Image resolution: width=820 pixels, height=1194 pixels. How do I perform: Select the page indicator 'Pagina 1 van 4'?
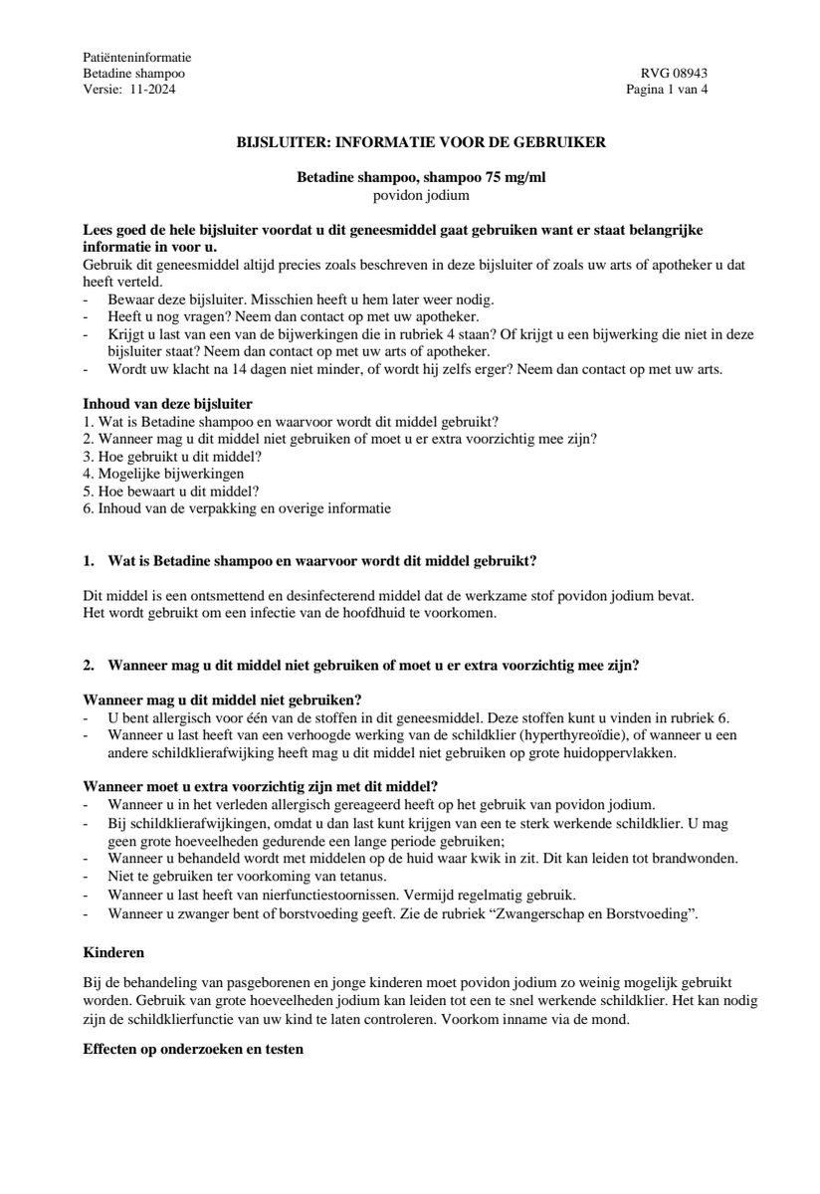click(667, 89)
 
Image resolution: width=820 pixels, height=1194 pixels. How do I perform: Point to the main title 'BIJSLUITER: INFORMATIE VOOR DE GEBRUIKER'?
click(421, 142)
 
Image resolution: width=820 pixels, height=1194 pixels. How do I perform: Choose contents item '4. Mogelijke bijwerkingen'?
click(163, 474)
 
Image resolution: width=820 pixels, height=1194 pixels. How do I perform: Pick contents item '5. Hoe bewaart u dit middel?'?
click(171, 491)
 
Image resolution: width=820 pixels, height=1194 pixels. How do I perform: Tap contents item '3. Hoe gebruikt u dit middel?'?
click(172, 456)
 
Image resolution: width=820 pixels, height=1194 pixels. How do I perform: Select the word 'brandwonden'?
click(700, 858)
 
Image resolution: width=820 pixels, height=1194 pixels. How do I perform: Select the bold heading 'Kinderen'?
click(113, 952)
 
